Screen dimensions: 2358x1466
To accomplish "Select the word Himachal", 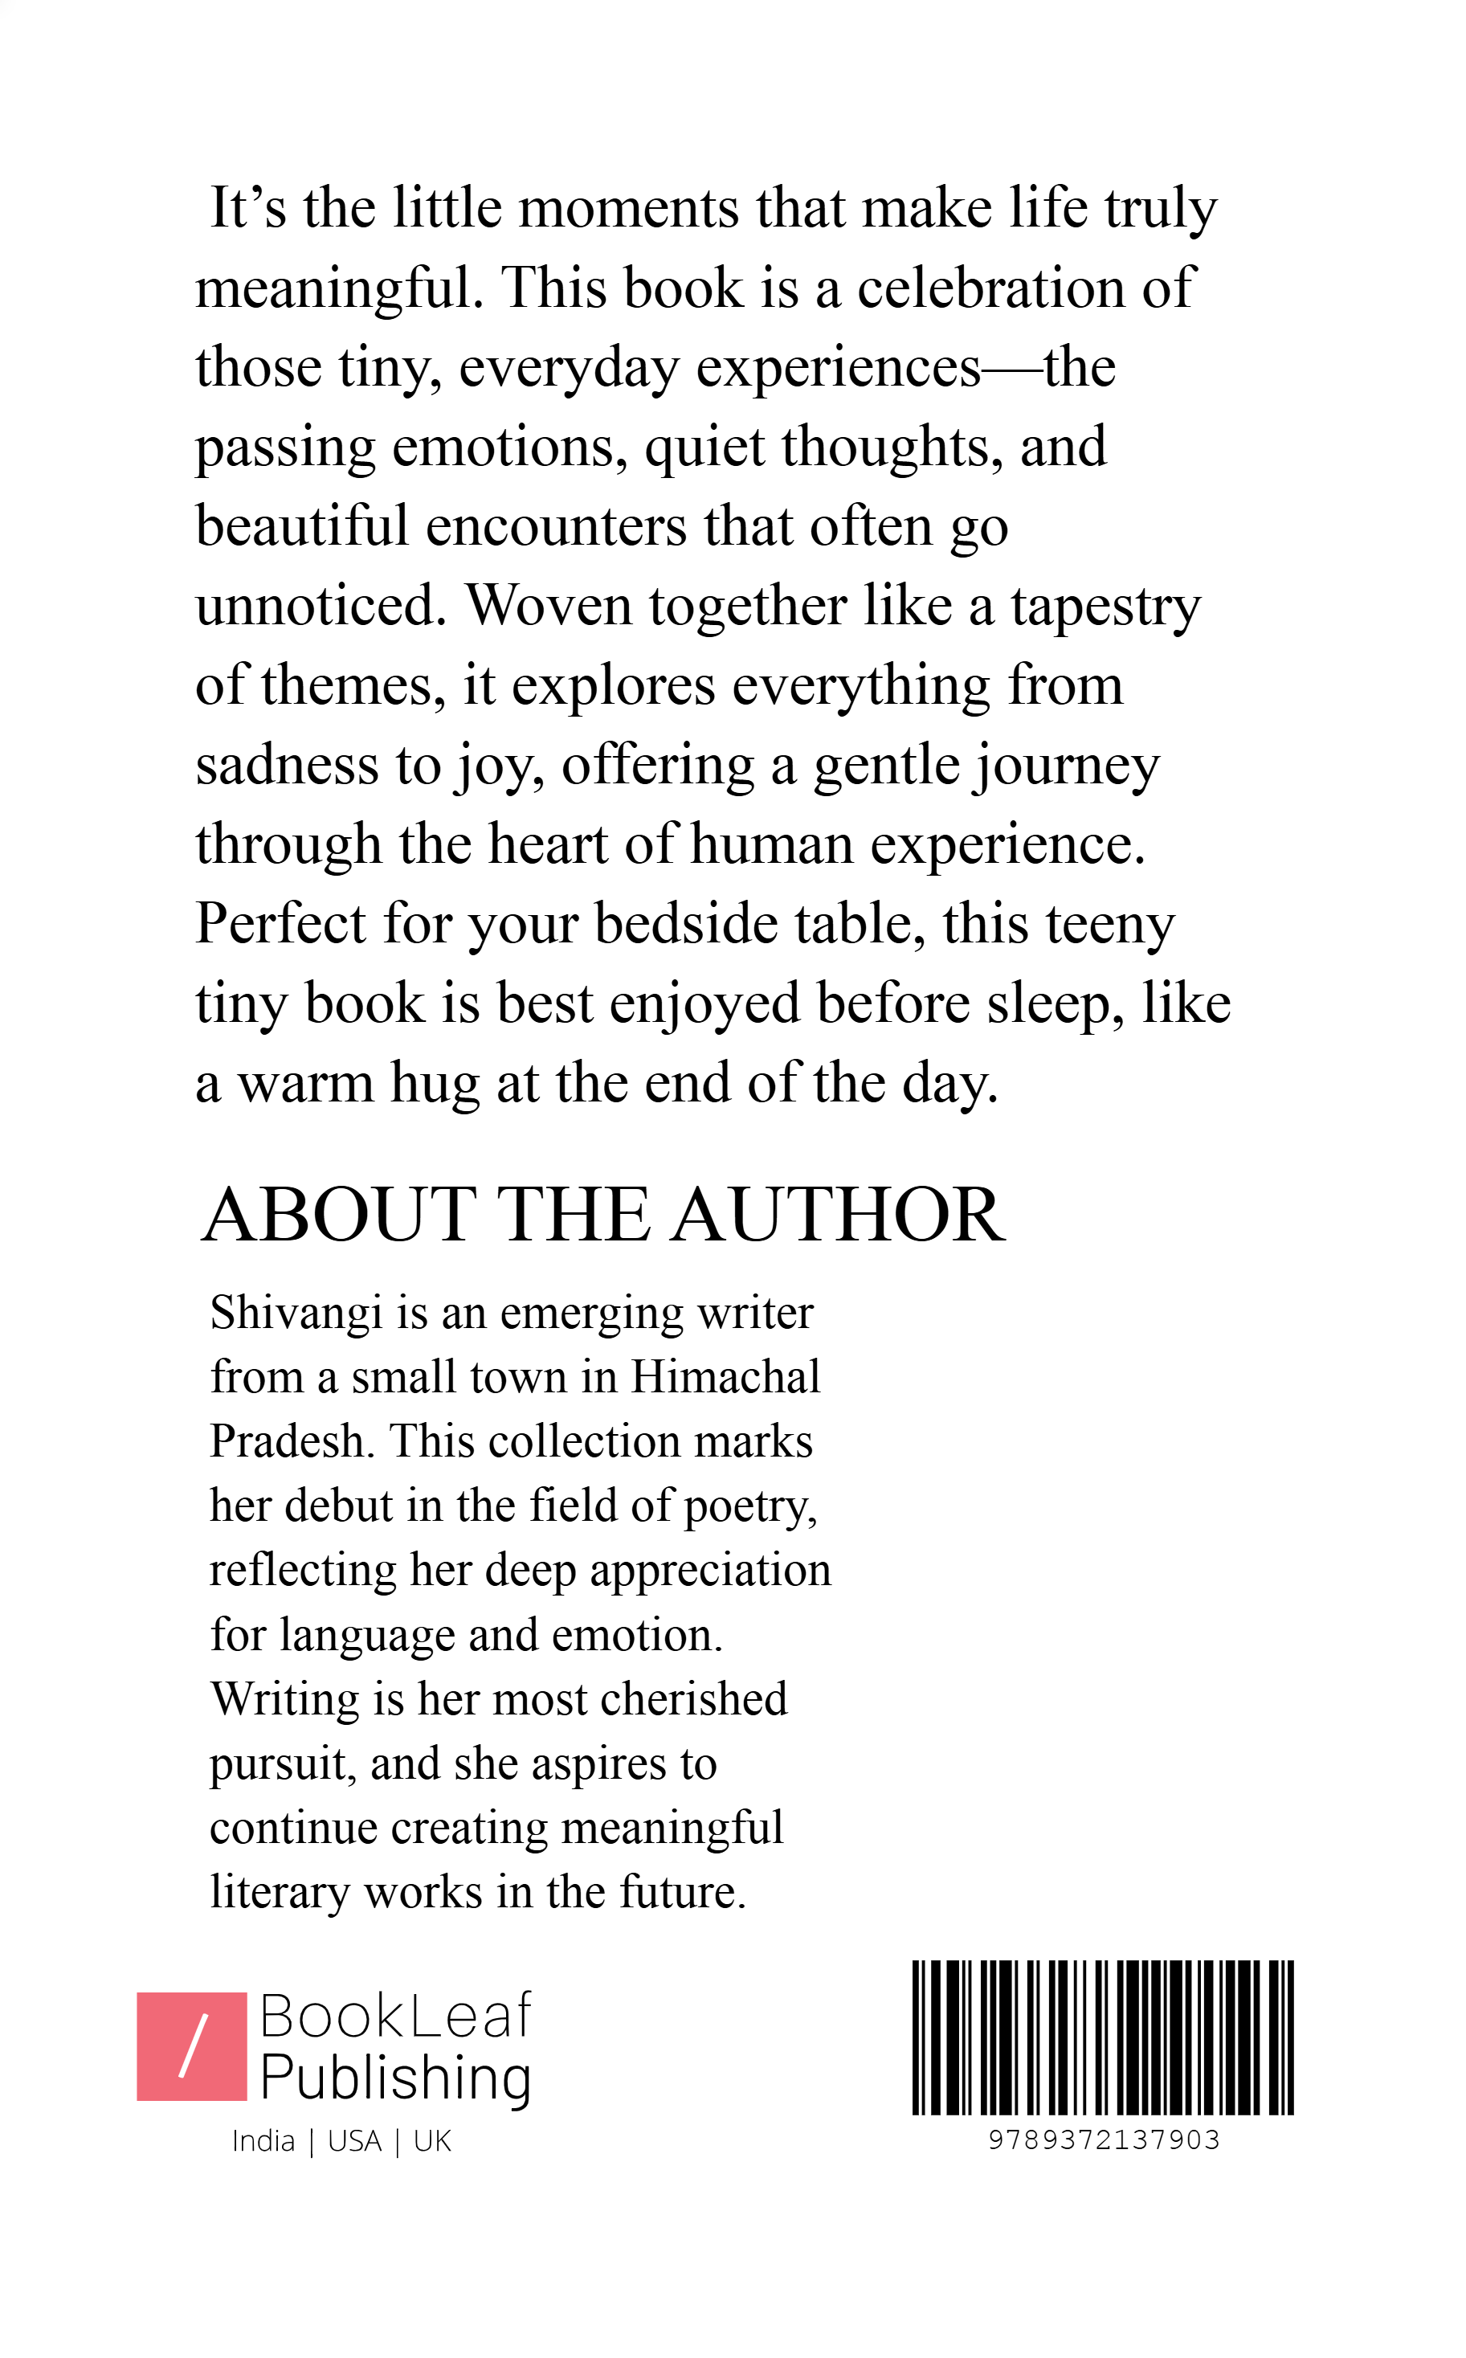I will [x=725, y=1377].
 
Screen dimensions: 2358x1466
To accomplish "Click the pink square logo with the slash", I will [x=192, y=2047].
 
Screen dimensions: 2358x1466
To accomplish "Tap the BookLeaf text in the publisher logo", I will [x=395, y=2016].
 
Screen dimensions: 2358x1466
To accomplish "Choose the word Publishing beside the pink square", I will [x=395, y=2078].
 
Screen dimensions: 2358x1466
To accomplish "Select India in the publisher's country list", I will [x=263, y=2142].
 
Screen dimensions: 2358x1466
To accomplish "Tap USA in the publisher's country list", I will [x=355, y=2142].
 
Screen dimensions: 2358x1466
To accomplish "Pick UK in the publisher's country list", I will [x=432, y=2142].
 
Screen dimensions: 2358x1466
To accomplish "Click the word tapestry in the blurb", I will [x=1105, y=608].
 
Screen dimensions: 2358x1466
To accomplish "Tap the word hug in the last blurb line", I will [x=435, y=1084].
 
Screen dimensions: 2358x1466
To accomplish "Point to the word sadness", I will [x=287, y=766].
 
